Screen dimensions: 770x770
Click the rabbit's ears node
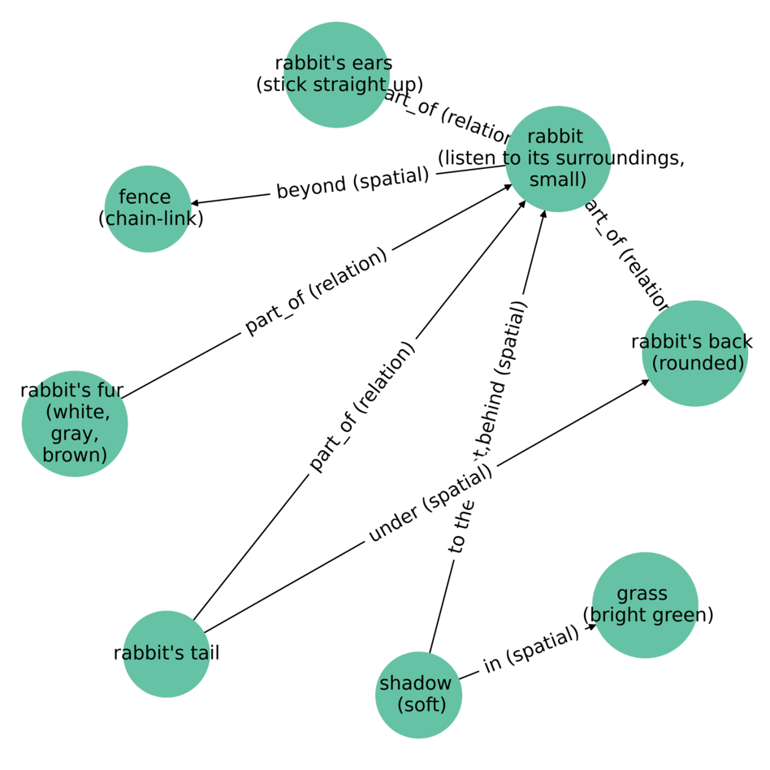(x=336, y=75)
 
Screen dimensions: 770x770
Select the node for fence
(x=148, y=209)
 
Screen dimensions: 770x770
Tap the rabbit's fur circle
(x=75, y=423)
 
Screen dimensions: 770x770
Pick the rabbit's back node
(x=694, y=353)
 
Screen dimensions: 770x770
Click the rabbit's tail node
(x=167, y=654)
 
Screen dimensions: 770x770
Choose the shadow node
(x=418, y=694)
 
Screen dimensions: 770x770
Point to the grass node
(x=645, y=605)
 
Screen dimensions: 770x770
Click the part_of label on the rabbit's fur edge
(x=317, y=291)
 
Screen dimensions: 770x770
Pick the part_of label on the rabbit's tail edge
(x=362, y=406)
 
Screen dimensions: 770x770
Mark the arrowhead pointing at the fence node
(x=195, y=202)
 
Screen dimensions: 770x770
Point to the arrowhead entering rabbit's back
(x=645, y=381)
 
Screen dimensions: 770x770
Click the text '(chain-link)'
(x=150, y=218)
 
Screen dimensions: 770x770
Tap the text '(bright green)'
(x=648, y=615)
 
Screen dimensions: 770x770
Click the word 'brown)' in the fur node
(x=75, y=454)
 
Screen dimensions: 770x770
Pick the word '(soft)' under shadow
(x=422, y=704)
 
